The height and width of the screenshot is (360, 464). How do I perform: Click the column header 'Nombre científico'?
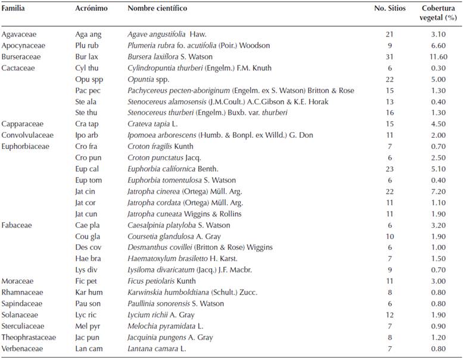pos(157,9)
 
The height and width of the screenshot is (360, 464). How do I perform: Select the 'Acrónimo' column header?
pos(91,9)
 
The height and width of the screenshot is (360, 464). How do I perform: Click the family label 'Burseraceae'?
pos(21,57)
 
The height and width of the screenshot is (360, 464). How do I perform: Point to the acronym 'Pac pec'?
pos(88,91)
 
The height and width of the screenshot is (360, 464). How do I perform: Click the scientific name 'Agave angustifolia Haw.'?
pos(167,34)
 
